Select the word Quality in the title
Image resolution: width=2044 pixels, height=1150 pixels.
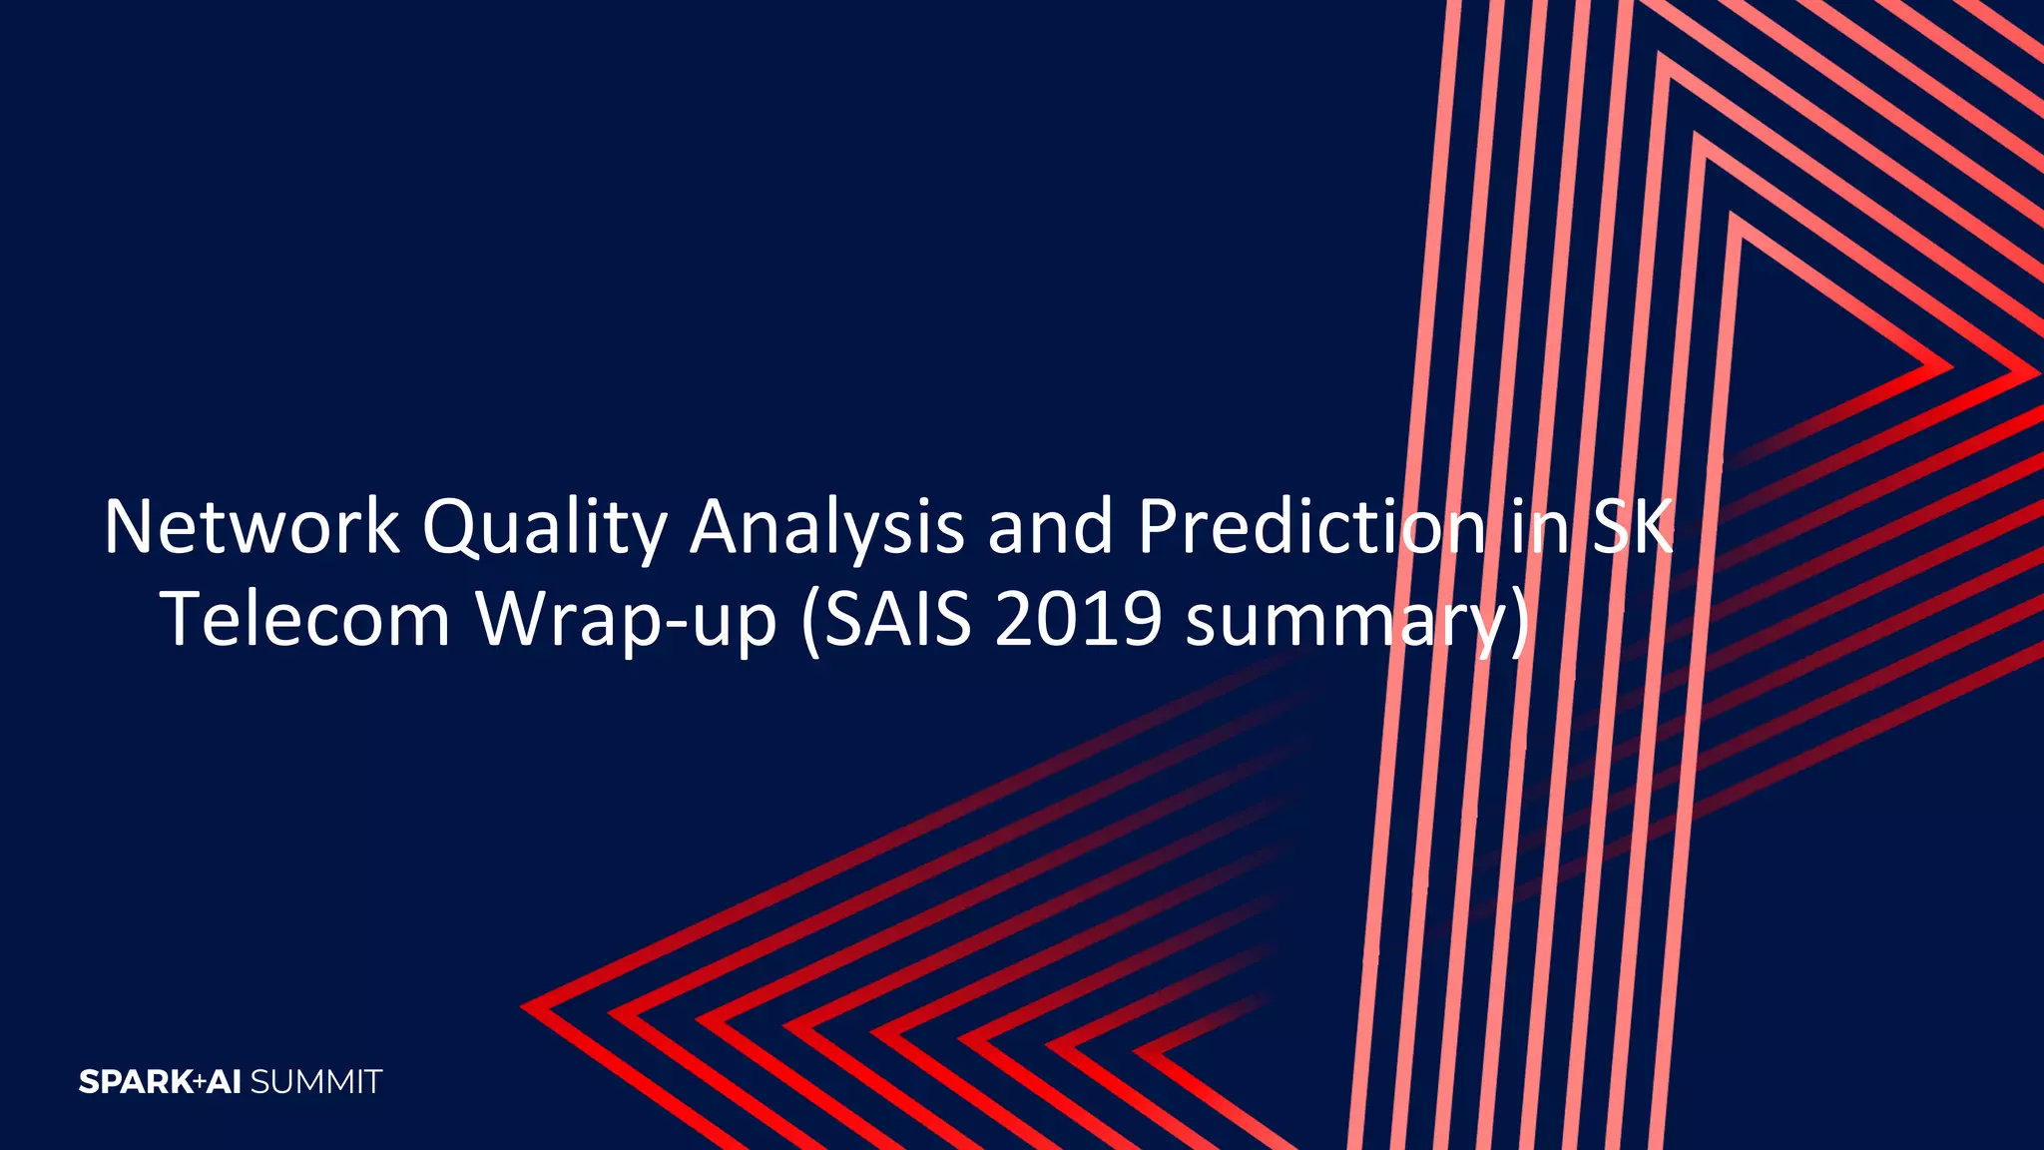544,529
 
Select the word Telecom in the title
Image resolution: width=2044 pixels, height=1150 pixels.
306,619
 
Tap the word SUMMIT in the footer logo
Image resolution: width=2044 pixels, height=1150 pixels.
315,1082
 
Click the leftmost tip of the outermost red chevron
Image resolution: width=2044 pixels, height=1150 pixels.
523,1006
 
